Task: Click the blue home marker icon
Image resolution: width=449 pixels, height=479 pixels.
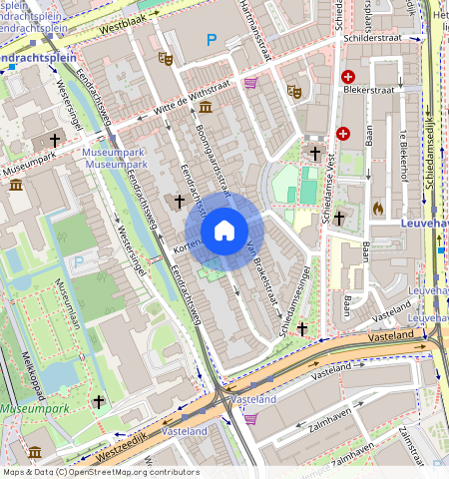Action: pos(224,232)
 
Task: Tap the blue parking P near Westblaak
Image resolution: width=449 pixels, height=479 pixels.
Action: pos(211,40)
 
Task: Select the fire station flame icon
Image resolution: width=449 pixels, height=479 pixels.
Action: pos(377,208)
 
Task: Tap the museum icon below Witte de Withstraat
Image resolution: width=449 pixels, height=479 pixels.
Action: pos(206,107)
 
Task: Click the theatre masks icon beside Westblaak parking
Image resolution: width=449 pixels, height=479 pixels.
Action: pos(166,59)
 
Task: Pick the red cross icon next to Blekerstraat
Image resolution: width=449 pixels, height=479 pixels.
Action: pos(348,77)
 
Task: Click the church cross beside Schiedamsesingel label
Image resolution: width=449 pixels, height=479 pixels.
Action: pos(301,328)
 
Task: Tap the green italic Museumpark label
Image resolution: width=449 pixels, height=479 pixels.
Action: pos(34,409)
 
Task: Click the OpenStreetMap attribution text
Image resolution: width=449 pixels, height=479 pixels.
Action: pos(100,472)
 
